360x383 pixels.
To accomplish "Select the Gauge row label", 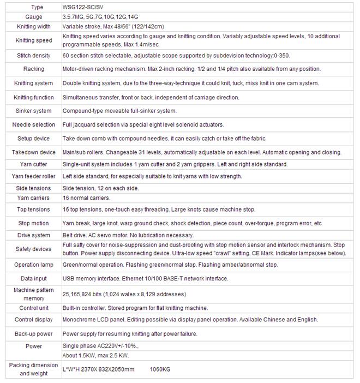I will [x=33, y=17].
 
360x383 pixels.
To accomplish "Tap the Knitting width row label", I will [x=33, y=26].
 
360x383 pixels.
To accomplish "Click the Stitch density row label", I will [x=33, y=56].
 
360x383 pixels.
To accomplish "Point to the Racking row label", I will [x=33, y=69].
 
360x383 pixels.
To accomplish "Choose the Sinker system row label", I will [x=33, y=111].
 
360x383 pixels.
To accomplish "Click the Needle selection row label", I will [x=33, y=125].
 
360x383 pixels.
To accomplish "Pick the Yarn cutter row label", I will [x=33, y=164].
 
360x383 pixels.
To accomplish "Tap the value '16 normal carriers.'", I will [x=86, y=198].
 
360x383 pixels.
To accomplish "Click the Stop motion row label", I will [x=33, y=223].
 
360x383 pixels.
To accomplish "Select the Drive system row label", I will [x=33, y=235].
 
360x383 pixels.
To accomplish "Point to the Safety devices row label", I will [x=33, y=249].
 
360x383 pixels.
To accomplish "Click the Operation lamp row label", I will [x=33, y=265].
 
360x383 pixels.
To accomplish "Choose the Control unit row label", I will [x=33, y=308].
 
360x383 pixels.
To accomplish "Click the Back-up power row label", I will [x=33, y=333].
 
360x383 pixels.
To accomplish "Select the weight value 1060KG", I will [x=160, y=370].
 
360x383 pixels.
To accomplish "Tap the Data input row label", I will [x=33, y=279].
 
